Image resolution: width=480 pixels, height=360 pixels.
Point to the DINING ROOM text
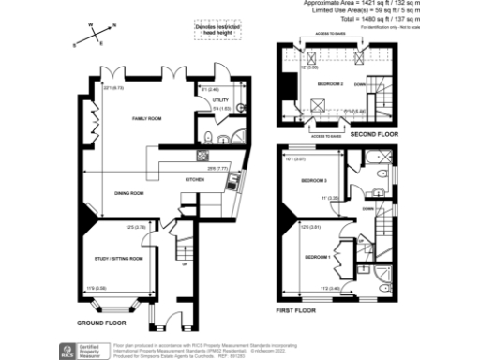pos(128,193)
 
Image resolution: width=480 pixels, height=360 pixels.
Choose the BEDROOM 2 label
pos(330,84)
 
